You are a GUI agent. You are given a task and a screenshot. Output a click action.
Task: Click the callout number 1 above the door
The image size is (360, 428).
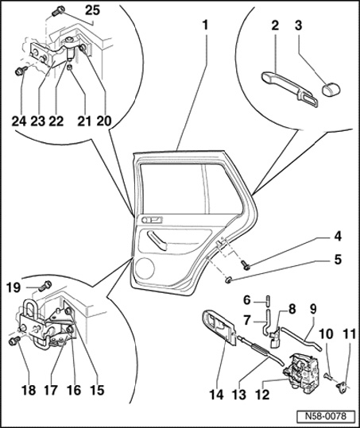[205, 25]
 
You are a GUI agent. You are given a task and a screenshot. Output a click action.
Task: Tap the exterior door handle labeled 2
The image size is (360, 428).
[289, 88]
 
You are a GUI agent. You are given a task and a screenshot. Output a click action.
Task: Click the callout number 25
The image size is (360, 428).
[93, 10]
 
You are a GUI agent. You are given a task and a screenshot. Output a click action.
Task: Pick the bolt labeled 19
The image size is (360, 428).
[45, 286]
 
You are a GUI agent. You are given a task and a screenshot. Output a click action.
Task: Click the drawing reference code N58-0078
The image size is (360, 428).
[326, 416]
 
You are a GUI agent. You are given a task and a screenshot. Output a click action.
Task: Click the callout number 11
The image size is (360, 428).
[348, 334]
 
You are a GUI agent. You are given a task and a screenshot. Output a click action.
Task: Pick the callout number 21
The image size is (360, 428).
[84, 121]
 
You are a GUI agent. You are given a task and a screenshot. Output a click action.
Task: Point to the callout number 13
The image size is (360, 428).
[239, 395]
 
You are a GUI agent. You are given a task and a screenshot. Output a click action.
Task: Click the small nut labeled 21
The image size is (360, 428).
[70, 67]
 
